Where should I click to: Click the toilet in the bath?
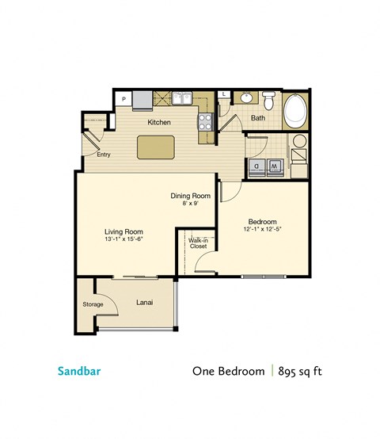(x=269, y=101)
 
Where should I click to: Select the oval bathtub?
(x=298, y=111)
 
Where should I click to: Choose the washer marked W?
(x=275, y=166)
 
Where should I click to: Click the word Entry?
(x=104, y=155)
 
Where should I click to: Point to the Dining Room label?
(x=190, y=196)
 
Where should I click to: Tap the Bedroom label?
(x=261, y=222)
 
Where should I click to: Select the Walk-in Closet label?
(x=197, y=243)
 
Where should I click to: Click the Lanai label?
(x=144, y=302)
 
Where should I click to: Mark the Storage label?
(x=93, y=303)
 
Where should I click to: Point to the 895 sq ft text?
(x=305, y=370)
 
